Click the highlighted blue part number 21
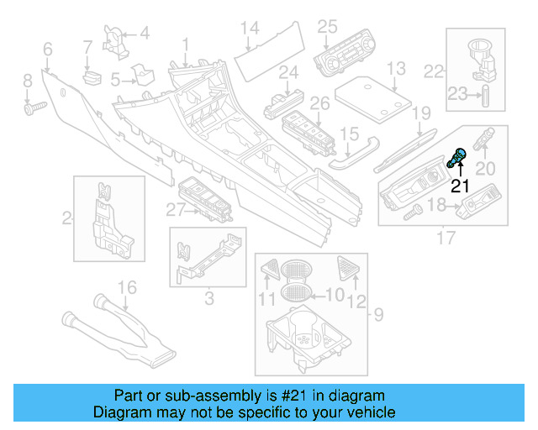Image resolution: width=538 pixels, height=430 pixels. pyautogui.click(x=459, y=156)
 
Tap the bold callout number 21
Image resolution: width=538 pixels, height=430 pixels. pyautogui.click(x=461, y=186)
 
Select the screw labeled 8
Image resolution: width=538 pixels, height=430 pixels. pyautogui.click(x=34, y=107)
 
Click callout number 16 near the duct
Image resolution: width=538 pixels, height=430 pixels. pyautogui.click(x=125, y=289)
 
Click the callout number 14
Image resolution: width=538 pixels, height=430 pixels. pyautogui.click(x=249, y=29)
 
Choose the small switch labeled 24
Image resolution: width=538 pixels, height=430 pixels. pyautogui.click(x=284, y=102)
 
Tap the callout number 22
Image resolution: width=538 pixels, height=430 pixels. pyautogui.click(x=434, y=71)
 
